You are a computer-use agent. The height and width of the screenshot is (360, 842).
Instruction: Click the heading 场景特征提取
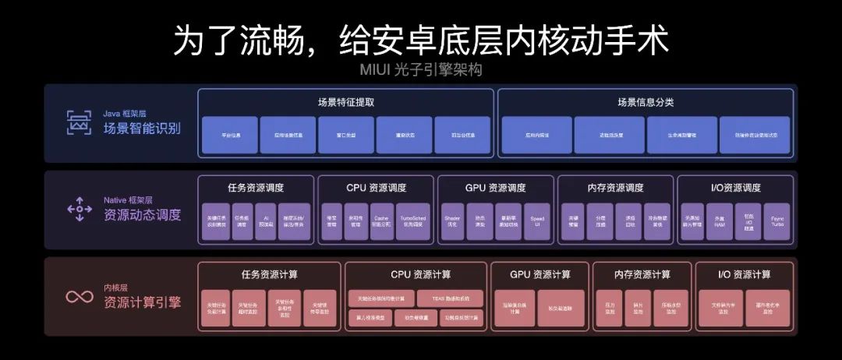pyautogui.click(x=346, y=102)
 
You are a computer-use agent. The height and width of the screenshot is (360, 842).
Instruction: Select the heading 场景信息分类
pyautogui.click(x=646, y=102)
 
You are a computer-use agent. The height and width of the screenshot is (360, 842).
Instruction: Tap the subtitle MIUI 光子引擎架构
pyautogui.click(x=421, y=70)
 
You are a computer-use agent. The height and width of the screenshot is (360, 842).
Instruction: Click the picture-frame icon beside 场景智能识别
pyautogui.click(x=78, y=122)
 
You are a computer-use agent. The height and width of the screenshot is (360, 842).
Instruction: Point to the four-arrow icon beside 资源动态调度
pyautogui.click(x=79, y=208)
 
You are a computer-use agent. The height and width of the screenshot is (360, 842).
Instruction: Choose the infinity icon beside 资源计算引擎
pyautogui.click(x=79, y=296)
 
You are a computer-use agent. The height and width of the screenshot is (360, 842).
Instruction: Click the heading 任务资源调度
pyautogui.click(x=256, y=188)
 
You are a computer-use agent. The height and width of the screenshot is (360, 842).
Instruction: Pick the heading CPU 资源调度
pyautogui.click(x=377, y=188)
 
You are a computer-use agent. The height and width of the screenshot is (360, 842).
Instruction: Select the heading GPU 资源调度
pyautogui.click(x=496, y=188)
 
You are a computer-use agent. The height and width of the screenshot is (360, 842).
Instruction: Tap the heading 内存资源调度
pyautogui.click(x=616, y=188)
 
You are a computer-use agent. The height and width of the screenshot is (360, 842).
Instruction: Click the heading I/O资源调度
pyautogui.click(x=735, y=188)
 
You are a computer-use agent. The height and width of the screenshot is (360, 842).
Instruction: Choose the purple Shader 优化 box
pyautogui.click(x=453, y=222)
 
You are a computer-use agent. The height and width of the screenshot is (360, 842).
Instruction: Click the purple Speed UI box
pyautogui.click(x=537, y=222)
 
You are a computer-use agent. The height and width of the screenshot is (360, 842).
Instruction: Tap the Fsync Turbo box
pyautogui.click(x=777, y=222)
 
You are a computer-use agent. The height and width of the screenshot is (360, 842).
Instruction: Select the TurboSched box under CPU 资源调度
pyautogui.click(x=412, y=222)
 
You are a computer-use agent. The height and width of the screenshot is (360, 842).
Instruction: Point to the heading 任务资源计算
pyautogui.click(x=269, y=274)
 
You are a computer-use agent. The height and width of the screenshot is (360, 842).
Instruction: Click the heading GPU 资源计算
pyautogui.click(x=540, y=274)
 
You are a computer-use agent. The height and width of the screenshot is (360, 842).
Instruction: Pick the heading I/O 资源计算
pyautogui.click(x=744, y=274)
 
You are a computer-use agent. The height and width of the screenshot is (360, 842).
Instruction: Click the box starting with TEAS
pyautogui.click(x=450, y=298)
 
